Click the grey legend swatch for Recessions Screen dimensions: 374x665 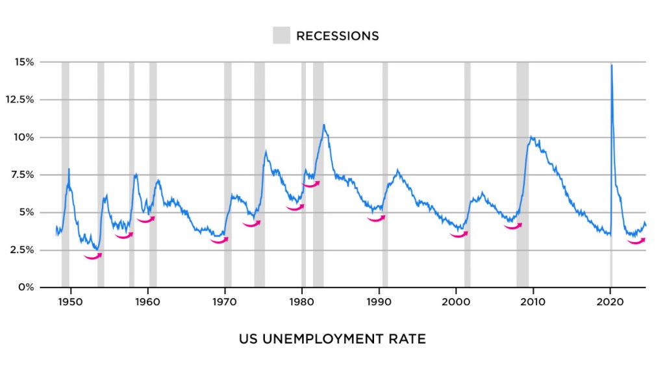(281, 36)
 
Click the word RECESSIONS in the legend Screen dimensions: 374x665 (337, 36)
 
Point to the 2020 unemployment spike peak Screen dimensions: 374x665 (611, 65)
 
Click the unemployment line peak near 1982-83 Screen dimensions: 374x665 (323, 125)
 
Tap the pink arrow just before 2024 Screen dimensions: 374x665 (636, 241)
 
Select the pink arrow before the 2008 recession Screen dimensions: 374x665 (513, 227)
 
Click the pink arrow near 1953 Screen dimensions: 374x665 (93, 256)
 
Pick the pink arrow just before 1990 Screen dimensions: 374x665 (376, 219)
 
